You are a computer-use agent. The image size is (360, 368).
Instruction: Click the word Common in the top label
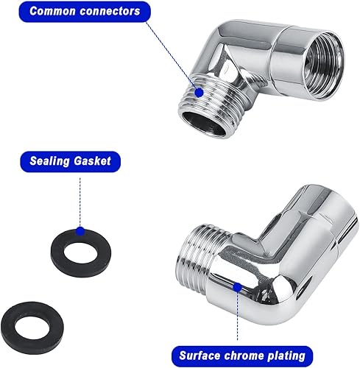52,11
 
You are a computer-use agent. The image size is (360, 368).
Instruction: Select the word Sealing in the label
49,161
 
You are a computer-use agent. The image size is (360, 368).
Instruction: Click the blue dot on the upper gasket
80,231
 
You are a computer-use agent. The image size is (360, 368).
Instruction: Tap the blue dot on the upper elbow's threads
200,93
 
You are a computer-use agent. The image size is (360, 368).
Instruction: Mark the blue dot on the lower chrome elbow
237,287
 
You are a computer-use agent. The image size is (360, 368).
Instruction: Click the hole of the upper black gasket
81,253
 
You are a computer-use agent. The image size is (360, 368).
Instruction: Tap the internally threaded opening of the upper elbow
322,67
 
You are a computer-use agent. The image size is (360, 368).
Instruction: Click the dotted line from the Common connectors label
172,55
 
